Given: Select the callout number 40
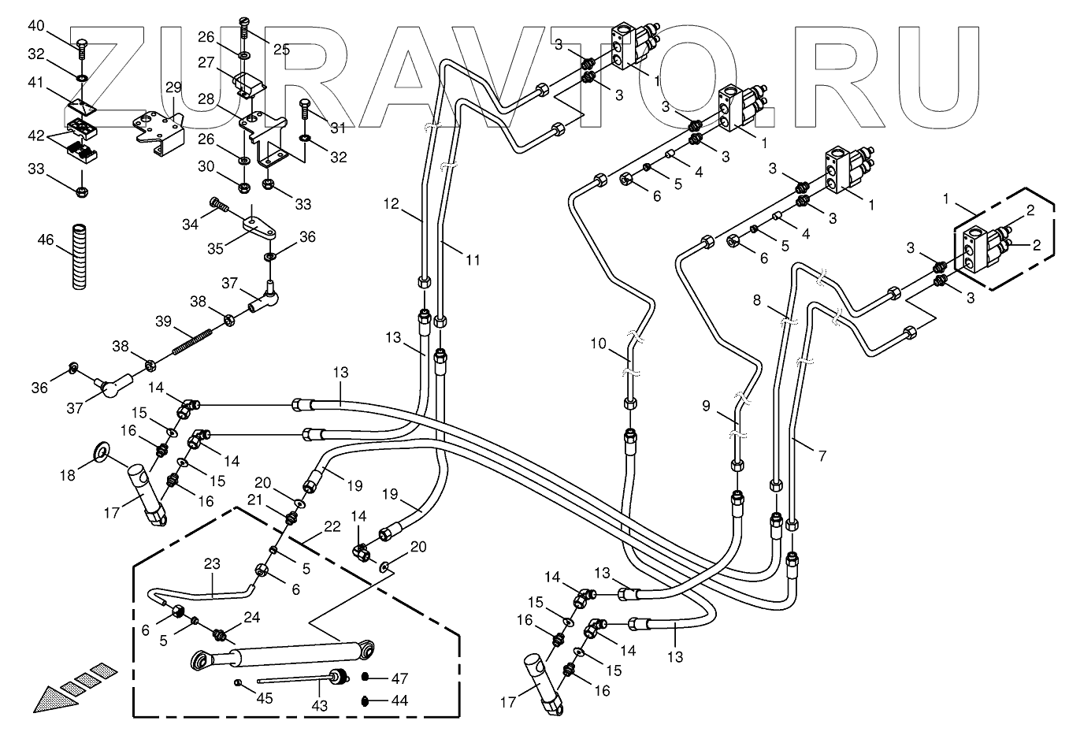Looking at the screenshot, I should pos(36,25).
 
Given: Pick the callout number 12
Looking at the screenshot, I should pos(392,205).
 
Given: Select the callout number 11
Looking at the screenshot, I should pos(473,259).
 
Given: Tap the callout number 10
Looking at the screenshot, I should pos(599,343).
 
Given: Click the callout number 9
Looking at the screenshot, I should pos(706,407).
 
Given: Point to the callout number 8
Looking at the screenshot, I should pos(756,300).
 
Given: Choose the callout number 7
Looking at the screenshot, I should pos(822,456).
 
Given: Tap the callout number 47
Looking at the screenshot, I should pos(399,678).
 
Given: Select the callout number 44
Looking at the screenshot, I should pos(399,700).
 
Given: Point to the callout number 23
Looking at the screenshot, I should pos(212,564).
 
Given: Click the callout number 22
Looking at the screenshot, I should pos(332,526).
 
